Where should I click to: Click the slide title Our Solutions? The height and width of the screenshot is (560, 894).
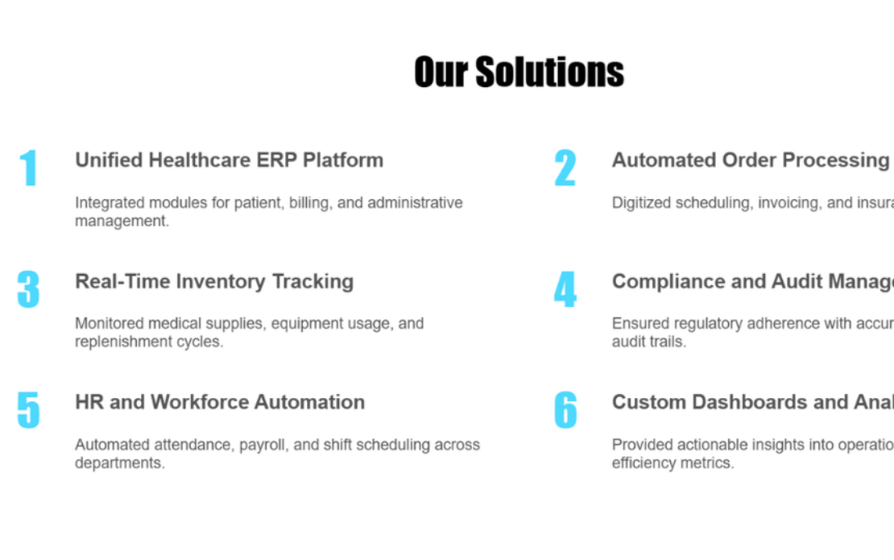tap(519, 72)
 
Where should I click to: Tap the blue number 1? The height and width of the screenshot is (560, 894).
tap(29, 168)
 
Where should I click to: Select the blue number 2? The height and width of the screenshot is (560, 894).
tap(565, 168)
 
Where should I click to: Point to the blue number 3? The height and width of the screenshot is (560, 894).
tap(28, 289)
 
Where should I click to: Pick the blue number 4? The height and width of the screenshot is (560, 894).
tap(565, 289)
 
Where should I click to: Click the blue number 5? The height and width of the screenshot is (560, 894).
tap(28, 410)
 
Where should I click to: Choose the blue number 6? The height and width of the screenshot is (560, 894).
tap(565, 410)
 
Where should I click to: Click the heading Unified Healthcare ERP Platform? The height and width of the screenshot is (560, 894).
tap(229, 160)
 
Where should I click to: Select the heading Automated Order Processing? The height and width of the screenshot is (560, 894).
tap(750, 160)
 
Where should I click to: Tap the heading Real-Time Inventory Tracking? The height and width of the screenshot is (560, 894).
tap(214, 281)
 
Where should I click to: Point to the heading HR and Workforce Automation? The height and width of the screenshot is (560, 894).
tap(220, 402)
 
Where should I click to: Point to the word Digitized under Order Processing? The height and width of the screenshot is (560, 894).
tap(641, 203)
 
